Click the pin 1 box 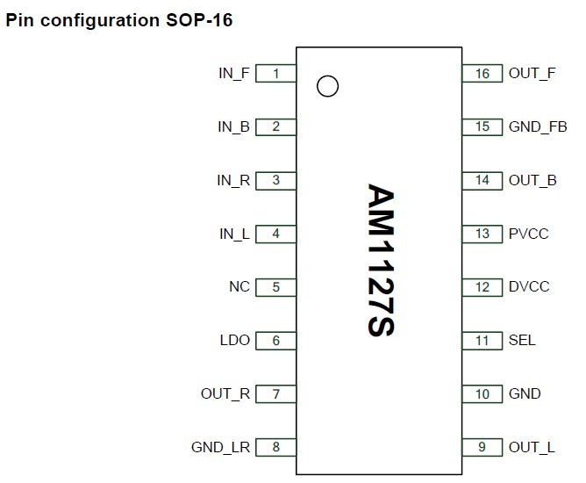pyautogui.click(x=275, y=74)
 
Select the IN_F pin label pyautogui.click(x=234, y=74)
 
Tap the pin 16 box pyautogui.click(x=482, y=74)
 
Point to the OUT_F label pyautogui.click(x=532, y=74)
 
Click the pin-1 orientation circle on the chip pyautogui.click(x=326, y=86)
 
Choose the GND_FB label pyautogui.click(x=538, y=127)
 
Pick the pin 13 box pyautogui.click(x=482, y=234)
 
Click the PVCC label pyautogui.click(x=529, y=234)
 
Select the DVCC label pyautogui.click(x=529, y=287)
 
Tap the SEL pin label pyautogui.click(x=522, y=341)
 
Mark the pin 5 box pyautogui.click(x=275, y=287)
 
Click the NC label pyautogui.click(x=239, y=287)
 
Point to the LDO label pyautogui.click(x=235, y=341)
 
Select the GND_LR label pyautogui.click(x=220, y=448)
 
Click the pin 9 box pyautogui.click(x=482, y=448)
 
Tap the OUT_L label pyautogui.click(x=532, y=448)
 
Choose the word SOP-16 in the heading pyautogui.click(x=201, y=20)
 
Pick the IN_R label pyautogui.click(x=234, y=181)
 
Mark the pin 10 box pyautogui.click(x=482, y=394)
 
